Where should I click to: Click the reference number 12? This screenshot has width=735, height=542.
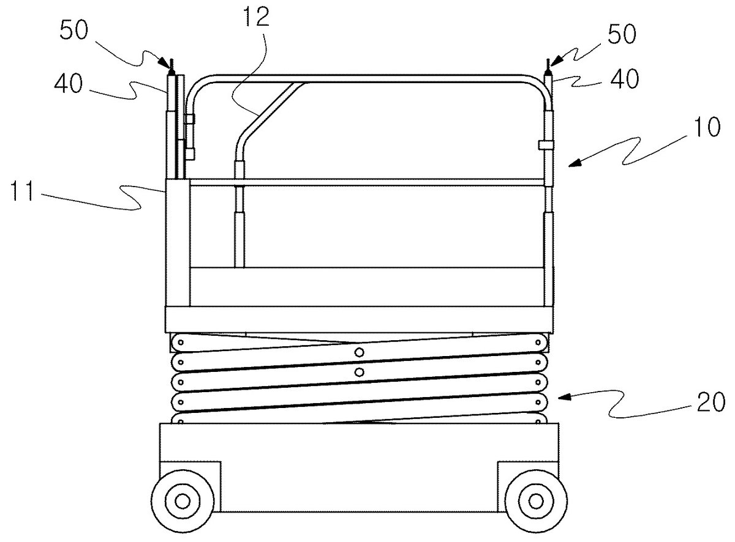[x=256, y=17]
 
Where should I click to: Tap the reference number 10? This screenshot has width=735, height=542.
[x=706, y=127]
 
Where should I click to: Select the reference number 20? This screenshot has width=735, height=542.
[x=711, y=403]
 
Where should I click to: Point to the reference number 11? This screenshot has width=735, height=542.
[x=22, y=191]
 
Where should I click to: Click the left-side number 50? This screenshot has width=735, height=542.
[x=73, y=30]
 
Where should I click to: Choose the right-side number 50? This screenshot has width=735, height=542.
[x=622, y=34]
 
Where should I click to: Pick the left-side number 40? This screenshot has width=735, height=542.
[x=68, y=83]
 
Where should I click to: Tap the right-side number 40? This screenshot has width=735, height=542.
[x=625, y=79]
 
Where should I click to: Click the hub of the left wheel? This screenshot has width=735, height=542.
[x=183, y=502]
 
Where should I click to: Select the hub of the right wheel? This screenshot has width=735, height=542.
[x=536, y=502]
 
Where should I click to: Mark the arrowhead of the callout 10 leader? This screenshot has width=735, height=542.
[x=575, y=163]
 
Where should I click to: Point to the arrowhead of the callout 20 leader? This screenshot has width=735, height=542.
[x=564, y=397]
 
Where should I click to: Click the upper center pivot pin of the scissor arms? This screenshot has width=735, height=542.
[x=359, y=352]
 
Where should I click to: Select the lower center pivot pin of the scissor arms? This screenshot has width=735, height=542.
[x=359, y=373]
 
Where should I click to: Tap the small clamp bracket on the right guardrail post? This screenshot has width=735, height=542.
[x=546, y=145]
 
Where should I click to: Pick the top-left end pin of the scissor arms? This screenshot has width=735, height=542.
[x=181, y=343]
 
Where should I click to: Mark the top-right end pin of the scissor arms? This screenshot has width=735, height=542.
[x=538, y=343]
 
